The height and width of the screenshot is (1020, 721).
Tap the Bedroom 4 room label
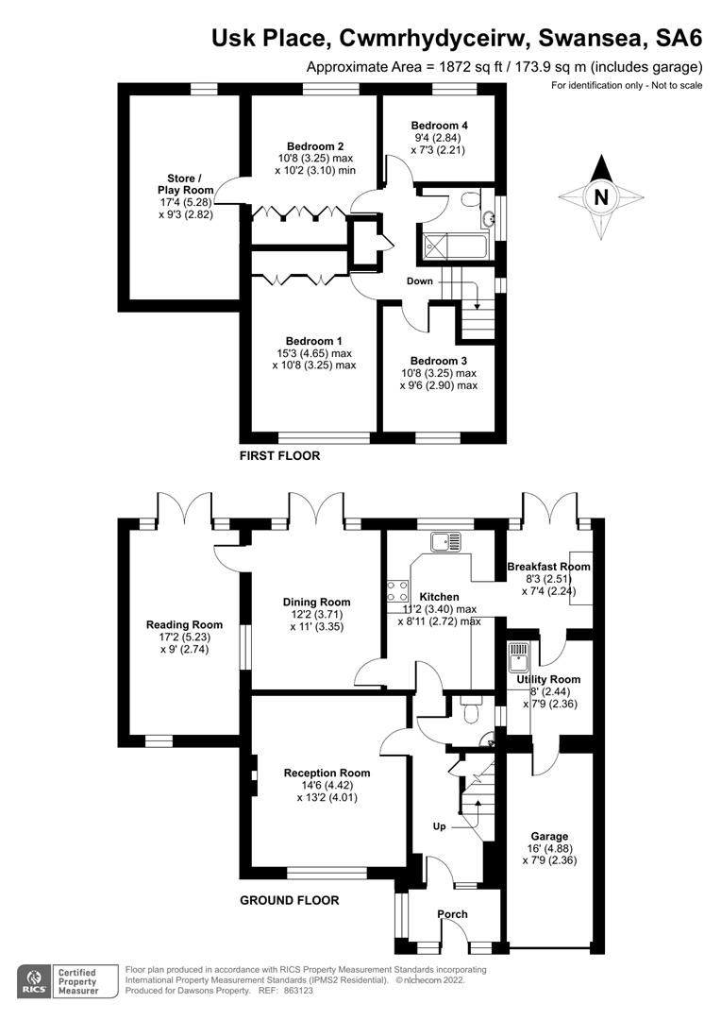coord(439,125)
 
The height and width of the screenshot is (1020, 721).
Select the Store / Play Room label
coord(183,184)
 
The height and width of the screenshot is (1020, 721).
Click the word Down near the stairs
coord(420,281)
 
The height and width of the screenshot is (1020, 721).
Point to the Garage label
coord(549,837)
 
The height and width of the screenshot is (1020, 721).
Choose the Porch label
coord(452,914)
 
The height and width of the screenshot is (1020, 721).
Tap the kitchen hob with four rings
coord(397,591)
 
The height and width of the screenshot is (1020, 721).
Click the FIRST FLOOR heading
coord(280,456)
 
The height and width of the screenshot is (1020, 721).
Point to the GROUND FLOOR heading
coord(289,900)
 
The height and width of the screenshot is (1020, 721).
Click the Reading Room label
coord(184,624)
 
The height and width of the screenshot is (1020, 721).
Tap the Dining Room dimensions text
coord(317,620)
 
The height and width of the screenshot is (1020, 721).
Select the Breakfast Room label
coord(548,567)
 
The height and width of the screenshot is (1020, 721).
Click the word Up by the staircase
coord(439,826)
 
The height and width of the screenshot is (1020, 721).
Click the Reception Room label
coord(327,773)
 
